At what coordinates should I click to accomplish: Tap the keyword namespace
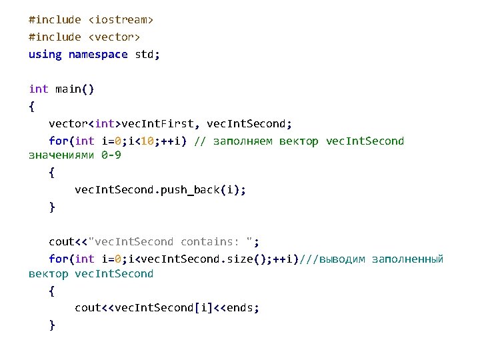(x=98, y=54)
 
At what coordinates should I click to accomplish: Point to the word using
(x=45, y=54)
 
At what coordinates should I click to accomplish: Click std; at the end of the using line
(x=147, y=54)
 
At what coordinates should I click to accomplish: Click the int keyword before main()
(x=38, y=89)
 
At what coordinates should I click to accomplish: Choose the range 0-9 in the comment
(x=111, y=155)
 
